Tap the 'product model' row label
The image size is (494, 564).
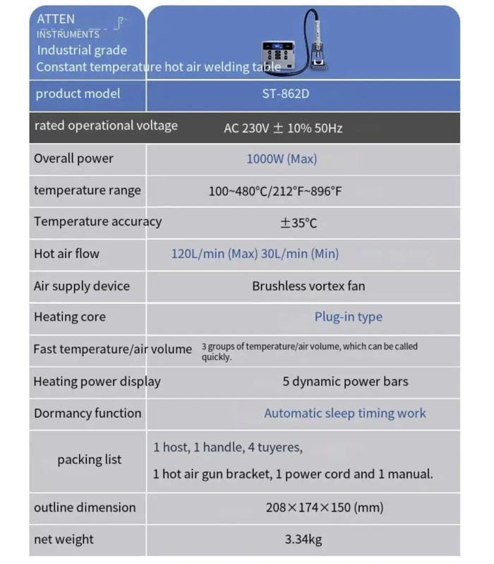point(78,94)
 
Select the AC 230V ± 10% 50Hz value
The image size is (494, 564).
point(283,128)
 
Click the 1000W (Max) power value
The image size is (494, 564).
point(282,159)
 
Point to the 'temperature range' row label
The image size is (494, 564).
point(88,190)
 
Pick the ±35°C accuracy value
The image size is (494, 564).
point(299,223)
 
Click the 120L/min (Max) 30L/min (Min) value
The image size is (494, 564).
point(255,254)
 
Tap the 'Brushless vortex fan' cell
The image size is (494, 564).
point(308,286)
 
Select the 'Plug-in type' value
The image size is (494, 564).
point(348,317)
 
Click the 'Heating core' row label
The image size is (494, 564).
point(70,317)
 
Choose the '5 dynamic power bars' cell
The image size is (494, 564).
point(345,381)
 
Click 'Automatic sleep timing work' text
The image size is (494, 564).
point(345,414)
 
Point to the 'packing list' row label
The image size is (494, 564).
point(90,460)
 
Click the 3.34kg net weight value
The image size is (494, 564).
point(303,540)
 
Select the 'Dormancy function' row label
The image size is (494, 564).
point(88,414)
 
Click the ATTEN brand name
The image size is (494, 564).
point(56,19)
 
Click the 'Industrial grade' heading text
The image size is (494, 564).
point(82,50)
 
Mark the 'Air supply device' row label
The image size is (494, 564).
point(82,286)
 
